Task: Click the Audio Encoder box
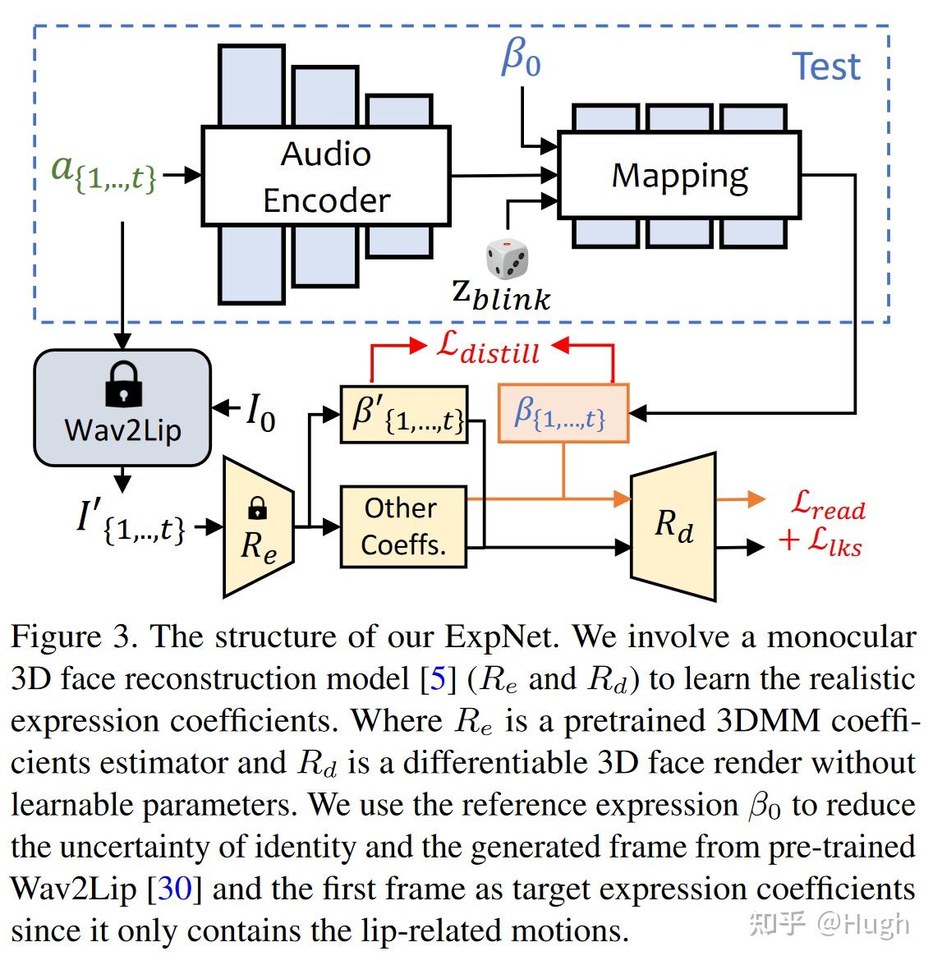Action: pyautogui.click(x=326, y=176)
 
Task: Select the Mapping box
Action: pyautogui.click(x=679, y=175)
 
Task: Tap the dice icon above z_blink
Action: pyautogui.click(x=507, y=259)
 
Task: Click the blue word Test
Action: pyautogui.click(x=825, y=67)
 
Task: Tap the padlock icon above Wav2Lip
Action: pyautogui.click(x=123, y=385)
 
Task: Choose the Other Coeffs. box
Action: pyautogui.click(x=402, y=526)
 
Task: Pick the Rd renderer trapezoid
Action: pyautogui.click(x=673, y=525)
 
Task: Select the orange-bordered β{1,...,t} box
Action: pyautogui.click(x=563, y=413)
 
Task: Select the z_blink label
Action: pyautogui.click(x=501, y=295)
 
